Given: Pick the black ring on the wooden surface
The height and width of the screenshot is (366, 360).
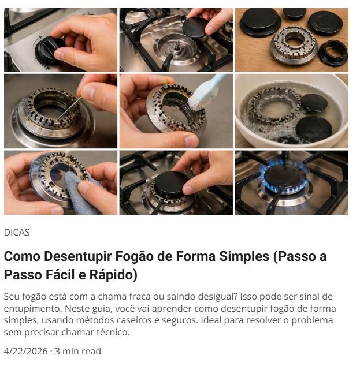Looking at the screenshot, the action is click(333, 53).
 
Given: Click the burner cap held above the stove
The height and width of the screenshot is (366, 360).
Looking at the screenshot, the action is click(195, 27).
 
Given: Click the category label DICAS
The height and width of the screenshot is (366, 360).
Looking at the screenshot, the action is click(17, 233).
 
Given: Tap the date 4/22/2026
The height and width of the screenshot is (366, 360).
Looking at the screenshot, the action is click(25, 351).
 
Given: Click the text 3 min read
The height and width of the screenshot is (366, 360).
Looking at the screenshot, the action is click(78, 351).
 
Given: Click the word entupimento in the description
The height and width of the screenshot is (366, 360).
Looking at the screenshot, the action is click(33, 309).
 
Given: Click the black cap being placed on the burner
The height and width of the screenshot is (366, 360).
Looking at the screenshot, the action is click(172, 183).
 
